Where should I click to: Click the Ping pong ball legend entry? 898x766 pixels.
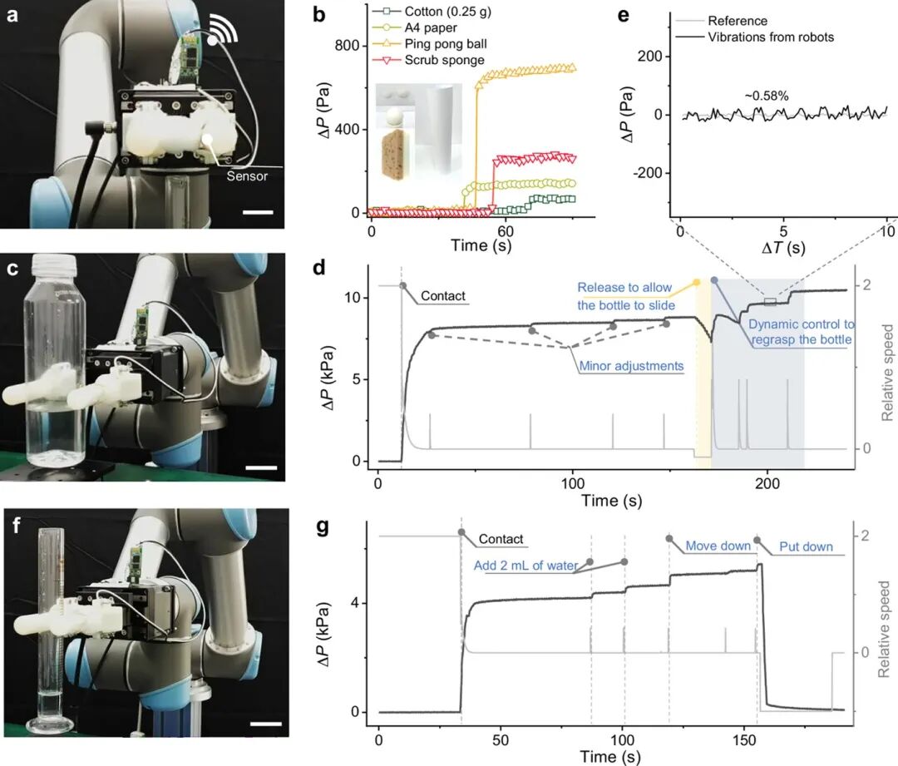pyautogui.click(x=430, y=44)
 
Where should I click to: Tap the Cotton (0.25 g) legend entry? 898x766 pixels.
pyautogui.click(x=432, y=12)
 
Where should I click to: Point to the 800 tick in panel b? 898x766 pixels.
pyautogui.click(x=347, y=46)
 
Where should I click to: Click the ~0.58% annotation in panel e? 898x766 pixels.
pyautogui.click(x=767, y=96)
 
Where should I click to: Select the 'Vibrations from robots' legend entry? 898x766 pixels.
pyautogui.click(x=754, y=37)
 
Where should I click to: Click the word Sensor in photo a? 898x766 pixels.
pyautogui.click(x=247, y=175)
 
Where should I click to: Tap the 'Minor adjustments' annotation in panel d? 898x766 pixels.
pyautogui.click(x=631, y=366)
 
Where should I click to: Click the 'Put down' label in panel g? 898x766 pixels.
pyautogui.click(x=806, y=546)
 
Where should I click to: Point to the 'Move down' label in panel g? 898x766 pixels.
pyautogui.click(x=718, y=546)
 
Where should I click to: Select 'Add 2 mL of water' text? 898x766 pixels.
pyautogui.click(x=525, y=566)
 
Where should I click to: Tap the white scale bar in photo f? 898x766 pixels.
pyautogui.click(x=266, y=724)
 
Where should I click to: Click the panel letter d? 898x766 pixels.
pyautogui.click(x=321, y=268)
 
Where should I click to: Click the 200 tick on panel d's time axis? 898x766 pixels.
pyautogui.click(x=767, y=483)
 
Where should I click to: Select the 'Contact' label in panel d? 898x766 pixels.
pyautogui.click(x=443, y=296)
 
